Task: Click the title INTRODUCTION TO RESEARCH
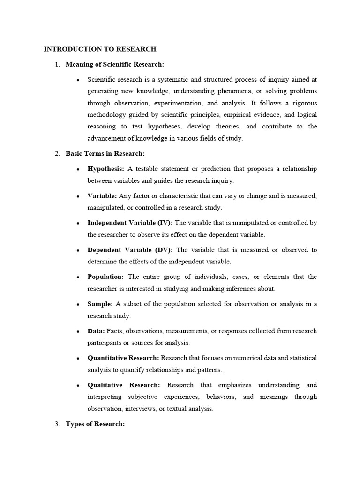[100, 49]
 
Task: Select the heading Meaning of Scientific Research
[115, 64]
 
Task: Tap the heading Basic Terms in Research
[105, 153]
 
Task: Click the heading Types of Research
[95, 424]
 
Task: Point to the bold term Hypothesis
[106, 169]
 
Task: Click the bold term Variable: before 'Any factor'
[102, 196]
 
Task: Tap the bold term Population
[105, 277]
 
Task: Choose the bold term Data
[96, 331]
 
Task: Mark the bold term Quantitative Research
[123, 358]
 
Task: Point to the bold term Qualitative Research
[123, 385]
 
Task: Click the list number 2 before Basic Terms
[57, 153]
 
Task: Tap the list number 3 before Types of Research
[57, 424]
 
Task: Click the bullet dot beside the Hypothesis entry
[77, 169]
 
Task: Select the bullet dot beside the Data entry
[77, 331]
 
